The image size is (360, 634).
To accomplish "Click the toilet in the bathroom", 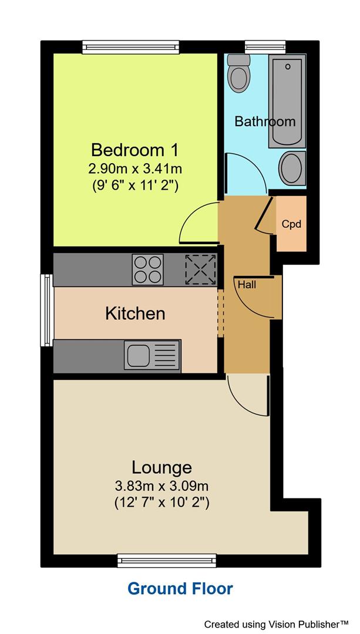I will click(x=238, y=73).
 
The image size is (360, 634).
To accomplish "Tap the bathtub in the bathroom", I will click(x=287, y=101).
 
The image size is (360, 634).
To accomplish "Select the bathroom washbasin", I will click(x=291, y=167).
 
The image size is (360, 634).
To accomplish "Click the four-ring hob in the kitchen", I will click(x=147, y=270).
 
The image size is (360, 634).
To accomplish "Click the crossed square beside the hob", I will click(x=200, y=270).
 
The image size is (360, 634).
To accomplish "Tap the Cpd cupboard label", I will click(x=291, y=224).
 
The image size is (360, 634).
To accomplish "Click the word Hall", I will click(x=247, y=285).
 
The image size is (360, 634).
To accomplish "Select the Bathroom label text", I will click(x=265, y=122).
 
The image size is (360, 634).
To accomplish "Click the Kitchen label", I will click(x=135, y=313).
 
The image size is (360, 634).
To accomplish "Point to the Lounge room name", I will click(x=162, y=467).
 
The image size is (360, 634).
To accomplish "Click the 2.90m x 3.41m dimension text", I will click(x=135, y=168).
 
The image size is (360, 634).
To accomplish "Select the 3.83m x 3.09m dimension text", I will click(x=162, y=486).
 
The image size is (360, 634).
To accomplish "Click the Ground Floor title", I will click(x=180, y=588).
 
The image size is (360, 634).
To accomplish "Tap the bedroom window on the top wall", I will click(x=130, y=46).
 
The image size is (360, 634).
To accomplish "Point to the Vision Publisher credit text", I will click(x=280, y=623).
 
